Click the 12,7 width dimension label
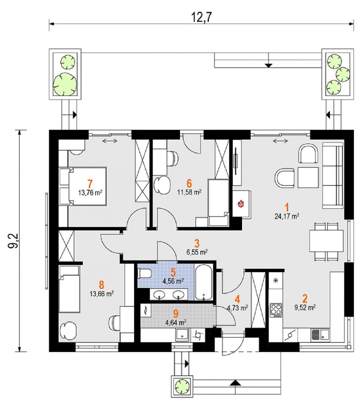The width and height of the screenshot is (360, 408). pyautogui.click(x=201, y=17)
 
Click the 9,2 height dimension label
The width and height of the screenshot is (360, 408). pyautogui.click(x=14, y=241)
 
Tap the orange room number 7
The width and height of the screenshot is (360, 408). pyautogui.click(x=90, y=184)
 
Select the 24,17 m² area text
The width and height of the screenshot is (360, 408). pyautogui.click(x=287, y=216)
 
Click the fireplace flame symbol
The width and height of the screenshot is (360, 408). pyautogui.click(x=241, y=203)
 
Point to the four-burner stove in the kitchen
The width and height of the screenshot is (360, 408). pyautogui.click(x=276, y=310)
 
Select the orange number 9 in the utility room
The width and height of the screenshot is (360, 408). pyautogui.click(x=176, y=314)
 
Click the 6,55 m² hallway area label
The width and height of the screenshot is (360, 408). pyautogui.click(x=197, y=252)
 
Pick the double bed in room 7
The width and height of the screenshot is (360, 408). pyautogui.click(x=83, y=186)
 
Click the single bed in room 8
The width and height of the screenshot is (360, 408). pyautogui.click(x=69, y=289)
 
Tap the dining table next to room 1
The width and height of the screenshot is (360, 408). pyautogui.click(x=326, y=240)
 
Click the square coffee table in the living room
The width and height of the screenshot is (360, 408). pyautogui.click(x=308, y=178)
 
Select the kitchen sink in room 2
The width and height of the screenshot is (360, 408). pyautogui.click(x=320, y=334)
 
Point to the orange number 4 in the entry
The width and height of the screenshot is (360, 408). pyautogui.click(x=237, y=299)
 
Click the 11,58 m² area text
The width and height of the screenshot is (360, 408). pyautogui.click(x=189, y=192)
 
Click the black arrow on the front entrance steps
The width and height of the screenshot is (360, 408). pyautogui.click(x=235, y=382)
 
